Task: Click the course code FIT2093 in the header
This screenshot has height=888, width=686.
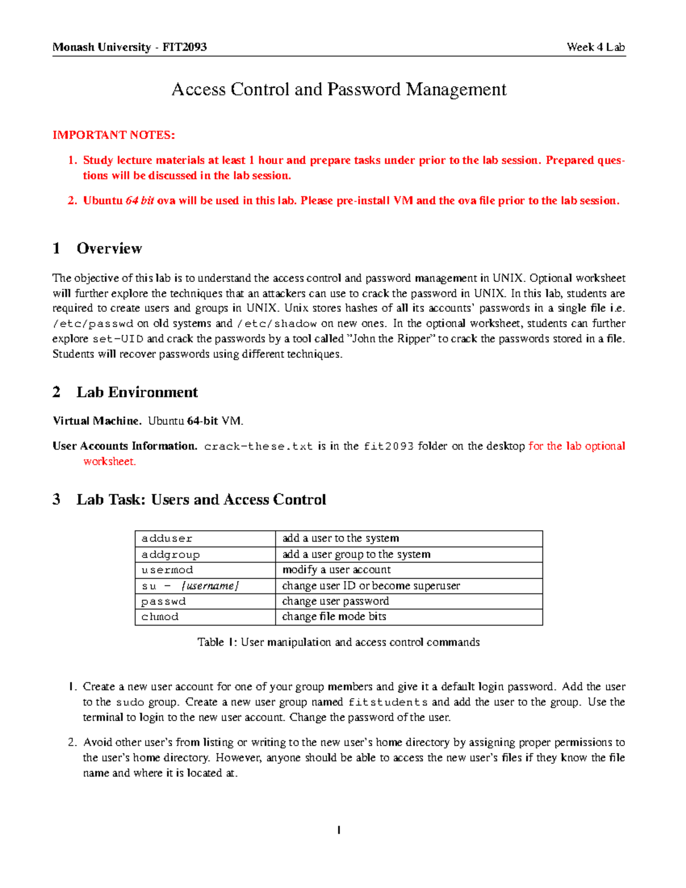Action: click(x=184, y=47)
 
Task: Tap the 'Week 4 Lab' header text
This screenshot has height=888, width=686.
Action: click(x=596, y=47)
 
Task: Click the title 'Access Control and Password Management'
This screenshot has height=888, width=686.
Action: click(x=339, y=90)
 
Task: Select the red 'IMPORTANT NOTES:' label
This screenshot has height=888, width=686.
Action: click(x=114, y=136)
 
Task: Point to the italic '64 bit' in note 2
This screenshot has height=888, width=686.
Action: click(x=139, y=201)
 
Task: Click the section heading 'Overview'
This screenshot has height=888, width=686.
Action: click(x=109, y=249)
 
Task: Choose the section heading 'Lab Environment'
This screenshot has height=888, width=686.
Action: click(x=137, y=392)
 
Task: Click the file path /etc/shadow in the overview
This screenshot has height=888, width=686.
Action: click(x=277, y=324)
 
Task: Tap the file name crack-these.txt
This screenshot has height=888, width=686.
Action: click(x=258, y=447)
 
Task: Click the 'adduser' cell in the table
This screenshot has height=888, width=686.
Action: click(x=167, y=539)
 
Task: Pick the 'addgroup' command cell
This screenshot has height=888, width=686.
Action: click(x=170, y=555)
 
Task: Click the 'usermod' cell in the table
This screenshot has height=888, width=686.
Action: click(x=167, y=570)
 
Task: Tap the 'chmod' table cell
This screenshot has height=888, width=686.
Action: click(x=160, y=617)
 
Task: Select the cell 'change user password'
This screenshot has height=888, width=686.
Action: click(x=336, y=602)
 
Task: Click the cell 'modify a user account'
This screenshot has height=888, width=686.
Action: click(x=337, y=570)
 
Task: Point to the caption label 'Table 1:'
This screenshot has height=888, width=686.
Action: click(x=217, y=643)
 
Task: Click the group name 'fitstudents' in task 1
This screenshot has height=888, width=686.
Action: click(x=388, y=703)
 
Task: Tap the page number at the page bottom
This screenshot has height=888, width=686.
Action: click(x=339, y=830)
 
